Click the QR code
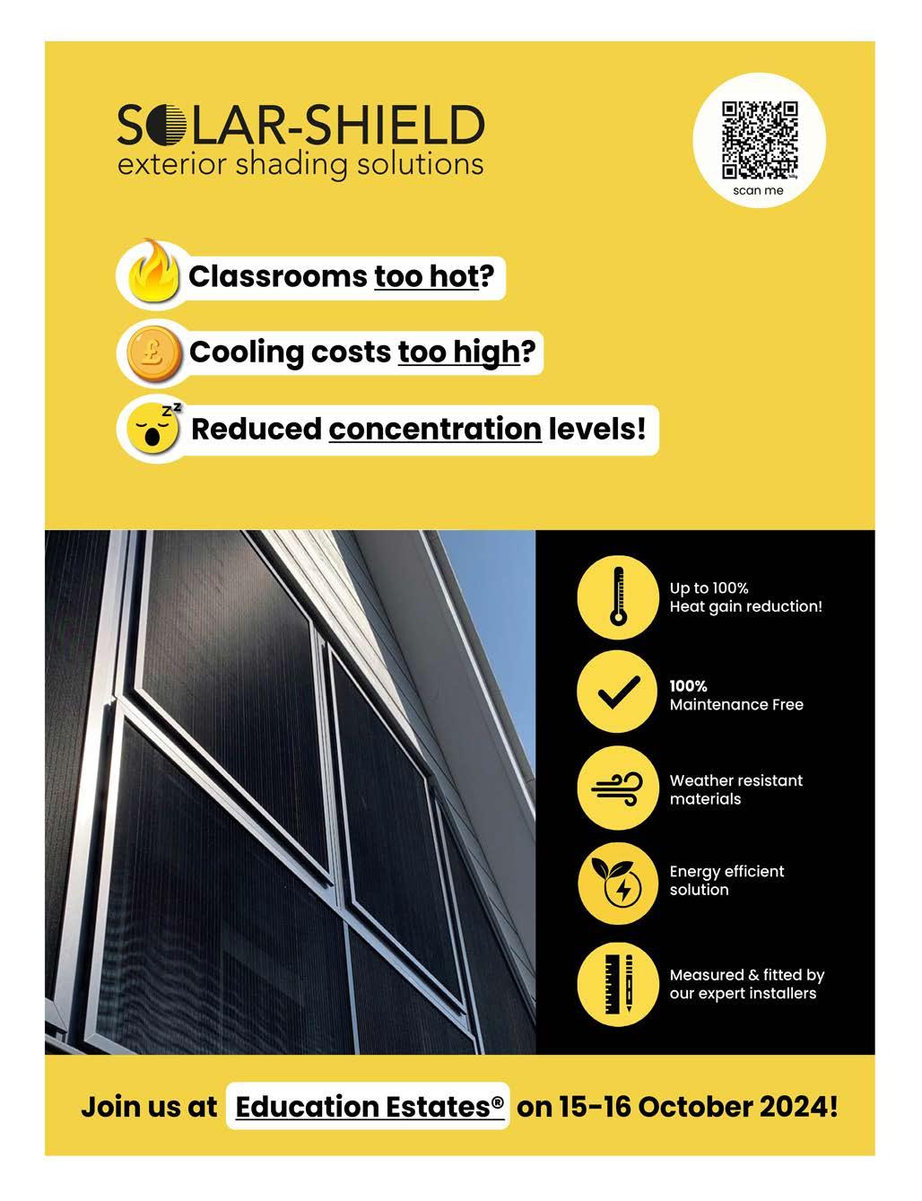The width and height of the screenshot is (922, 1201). (x=759, y=139)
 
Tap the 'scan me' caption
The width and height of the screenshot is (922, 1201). (x=758, y=190)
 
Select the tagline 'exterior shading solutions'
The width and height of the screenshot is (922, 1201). (x=300, y=165)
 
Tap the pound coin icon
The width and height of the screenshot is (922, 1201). (x=150, y=352)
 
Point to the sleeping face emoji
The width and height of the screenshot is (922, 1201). (x=152, y=428)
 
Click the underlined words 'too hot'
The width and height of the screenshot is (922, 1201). (x=427, y=276)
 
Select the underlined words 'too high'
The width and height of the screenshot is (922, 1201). (x=459, y=352)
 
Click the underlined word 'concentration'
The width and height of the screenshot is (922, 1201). (x=435, y=429)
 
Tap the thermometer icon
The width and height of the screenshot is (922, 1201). (x=617, y=596)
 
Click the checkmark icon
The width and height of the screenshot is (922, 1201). (x=617, y=693)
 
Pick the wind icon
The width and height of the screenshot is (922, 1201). (x=617, y=788)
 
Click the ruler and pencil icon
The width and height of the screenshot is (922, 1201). (x=617, y=983)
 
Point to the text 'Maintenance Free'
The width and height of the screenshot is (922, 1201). (x=736, y=705)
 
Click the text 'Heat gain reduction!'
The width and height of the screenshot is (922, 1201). (x=745, y=606)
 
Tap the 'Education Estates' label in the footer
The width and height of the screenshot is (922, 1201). (x=369, y=1106)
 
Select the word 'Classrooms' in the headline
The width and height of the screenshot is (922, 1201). (x=277, y=276)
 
